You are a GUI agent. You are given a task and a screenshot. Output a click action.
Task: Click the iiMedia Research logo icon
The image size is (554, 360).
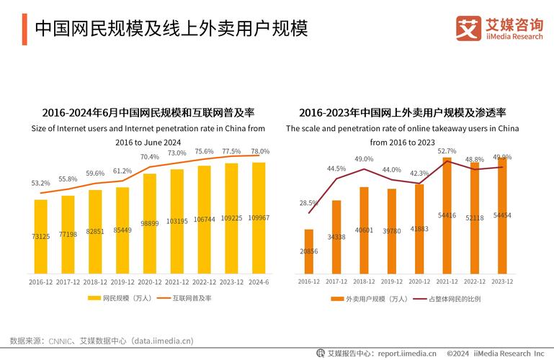[468, 29]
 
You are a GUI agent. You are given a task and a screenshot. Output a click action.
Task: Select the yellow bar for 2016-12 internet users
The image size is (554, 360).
[40, 236]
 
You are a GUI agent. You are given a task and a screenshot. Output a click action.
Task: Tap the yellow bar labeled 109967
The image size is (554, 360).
[258, 217]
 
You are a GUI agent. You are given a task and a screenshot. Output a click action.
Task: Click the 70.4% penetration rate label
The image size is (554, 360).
[149, 157]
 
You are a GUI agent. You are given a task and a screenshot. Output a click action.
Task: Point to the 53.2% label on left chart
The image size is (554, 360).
[40, 184]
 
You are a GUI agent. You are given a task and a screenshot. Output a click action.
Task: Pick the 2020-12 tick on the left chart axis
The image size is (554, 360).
[149, 282]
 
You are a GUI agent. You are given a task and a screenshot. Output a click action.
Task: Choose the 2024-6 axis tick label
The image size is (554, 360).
[258, 282]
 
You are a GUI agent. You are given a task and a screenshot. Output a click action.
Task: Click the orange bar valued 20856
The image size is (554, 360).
[308, 251]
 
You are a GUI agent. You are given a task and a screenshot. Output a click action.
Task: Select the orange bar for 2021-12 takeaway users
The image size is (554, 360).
[447, 215]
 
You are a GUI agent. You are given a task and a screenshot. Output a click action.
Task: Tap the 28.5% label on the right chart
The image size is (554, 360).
[308, 203]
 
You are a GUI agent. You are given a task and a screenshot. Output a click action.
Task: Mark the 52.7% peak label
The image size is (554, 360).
[447, 151]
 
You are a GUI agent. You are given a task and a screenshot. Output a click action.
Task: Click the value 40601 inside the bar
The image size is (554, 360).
[364, 230]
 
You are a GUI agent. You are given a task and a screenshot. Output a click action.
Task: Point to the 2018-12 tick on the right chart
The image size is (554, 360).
[364, 282]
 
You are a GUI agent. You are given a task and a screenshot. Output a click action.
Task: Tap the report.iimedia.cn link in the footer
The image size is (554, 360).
[407, 353]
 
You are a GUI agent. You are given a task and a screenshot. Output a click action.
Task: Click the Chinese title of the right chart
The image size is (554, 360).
[402, 113]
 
